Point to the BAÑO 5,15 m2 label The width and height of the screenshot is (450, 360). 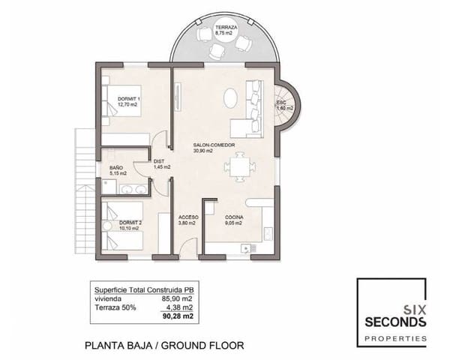coord(116,171)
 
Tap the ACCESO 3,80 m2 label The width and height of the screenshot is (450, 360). coord(188,219)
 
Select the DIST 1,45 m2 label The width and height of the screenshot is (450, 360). coord(161,164)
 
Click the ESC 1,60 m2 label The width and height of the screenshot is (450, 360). coord(284,105)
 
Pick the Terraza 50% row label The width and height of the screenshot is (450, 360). coord(113,306)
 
